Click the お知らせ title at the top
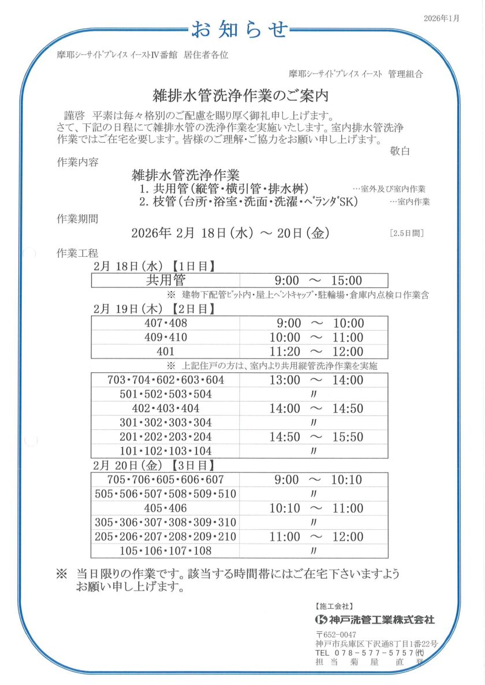point(239,28)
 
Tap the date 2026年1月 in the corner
point(441,18)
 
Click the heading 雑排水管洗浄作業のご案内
point(240,94)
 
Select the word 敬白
point(400,151)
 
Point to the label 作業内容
point(77,162)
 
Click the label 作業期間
point(77,219)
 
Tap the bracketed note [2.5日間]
point(406,233)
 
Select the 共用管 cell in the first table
point(166,280)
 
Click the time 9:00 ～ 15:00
point(318,281)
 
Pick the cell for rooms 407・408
point(166,323)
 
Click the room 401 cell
point(166,351)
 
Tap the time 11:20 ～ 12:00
point(316,351)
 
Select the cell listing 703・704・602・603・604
point(166,380)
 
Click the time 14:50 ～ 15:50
point(316,437)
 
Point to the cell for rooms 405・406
point(166,508)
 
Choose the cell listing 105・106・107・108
point(166,551)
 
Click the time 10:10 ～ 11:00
point(316,508)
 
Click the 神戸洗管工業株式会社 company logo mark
point(322,620)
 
